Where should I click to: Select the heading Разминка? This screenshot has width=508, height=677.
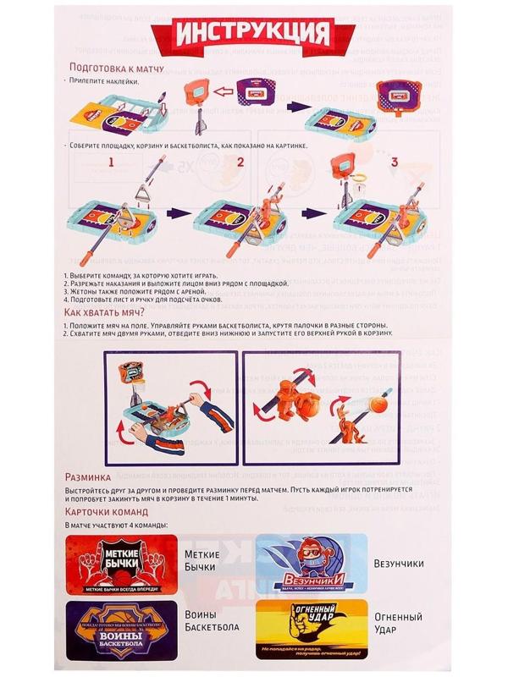[x=90, y=477]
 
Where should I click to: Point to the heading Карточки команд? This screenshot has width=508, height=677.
[x=107, y=513]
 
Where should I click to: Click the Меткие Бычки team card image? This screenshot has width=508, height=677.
[x=119, y=564]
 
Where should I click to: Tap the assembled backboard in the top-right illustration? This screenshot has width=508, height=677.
[x=398, y=90]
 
